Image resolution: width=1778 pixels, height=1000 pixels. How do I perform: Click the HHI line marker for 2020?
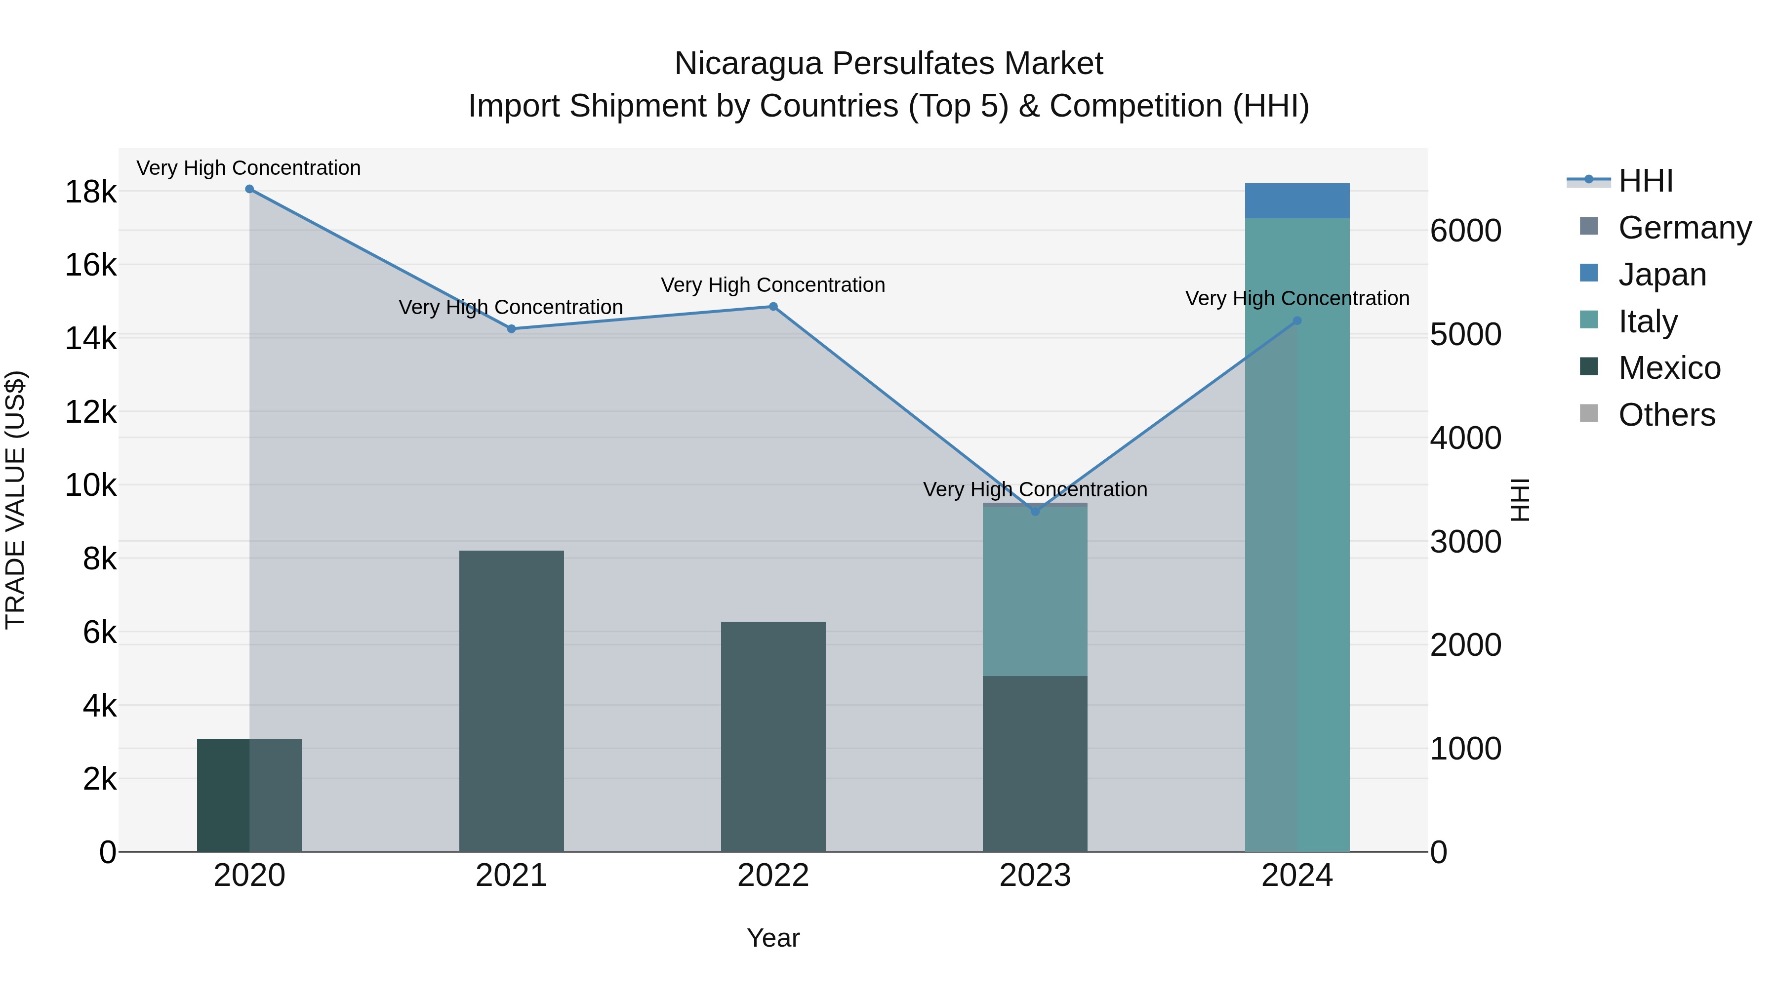pyautogui.click(x=249, y=189)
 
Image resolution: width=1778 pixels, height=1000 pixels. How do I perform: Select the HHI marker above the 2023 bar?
pyautogui.click(x=1035, y=512)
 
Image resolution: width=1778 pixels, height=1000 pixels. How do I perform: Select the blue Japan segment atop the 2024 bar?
pyautogui.click(x=1297, y=201)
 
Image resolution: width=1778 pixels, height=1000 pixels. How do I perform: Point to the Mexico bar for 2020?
pyautogui.click(x=249, y=795)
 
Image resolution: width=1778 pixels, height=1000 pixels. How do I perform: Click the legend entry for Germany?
pyautogui.click(x=1684, y=228)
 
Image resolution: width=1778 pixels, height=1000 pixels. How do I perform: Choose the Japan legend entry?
pyautogui.click(x=1661, y=275)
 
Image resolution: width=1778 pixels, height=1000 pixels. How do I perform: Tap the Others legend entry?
pyautogui.click(x=1666, y=415)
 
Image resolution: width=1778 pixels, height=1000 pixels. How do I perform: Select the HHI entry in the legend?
pyautogui.click(x=1646, y=181)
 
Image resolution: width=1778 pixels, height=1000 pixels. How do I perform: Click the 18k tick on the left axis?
pyautogui.click(x=90, y=192)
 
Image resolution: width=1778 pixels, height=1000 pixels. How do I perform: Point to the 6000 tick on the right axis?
pyautogui.click(x=1465, y=231)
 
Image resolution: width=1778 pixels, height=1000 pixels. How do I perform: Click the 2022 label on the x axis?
pyautogui.click(x=773, y=876)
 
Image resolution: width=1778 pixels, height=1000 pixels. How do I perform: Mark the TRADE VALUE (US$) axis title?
pyautogui.click(x=15, y=500)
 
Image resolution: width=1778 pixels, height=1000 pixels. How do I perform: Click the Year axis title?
pyautogui.click(x=773, y=938)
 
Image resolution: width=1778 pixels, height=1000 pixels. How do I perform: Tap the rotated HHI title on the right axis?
pyautogui.click(x=1519, y=500)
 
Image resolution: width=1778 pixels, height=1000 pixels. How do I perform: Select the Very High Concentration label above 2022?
pyautogui.click(x=773, y=285)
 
